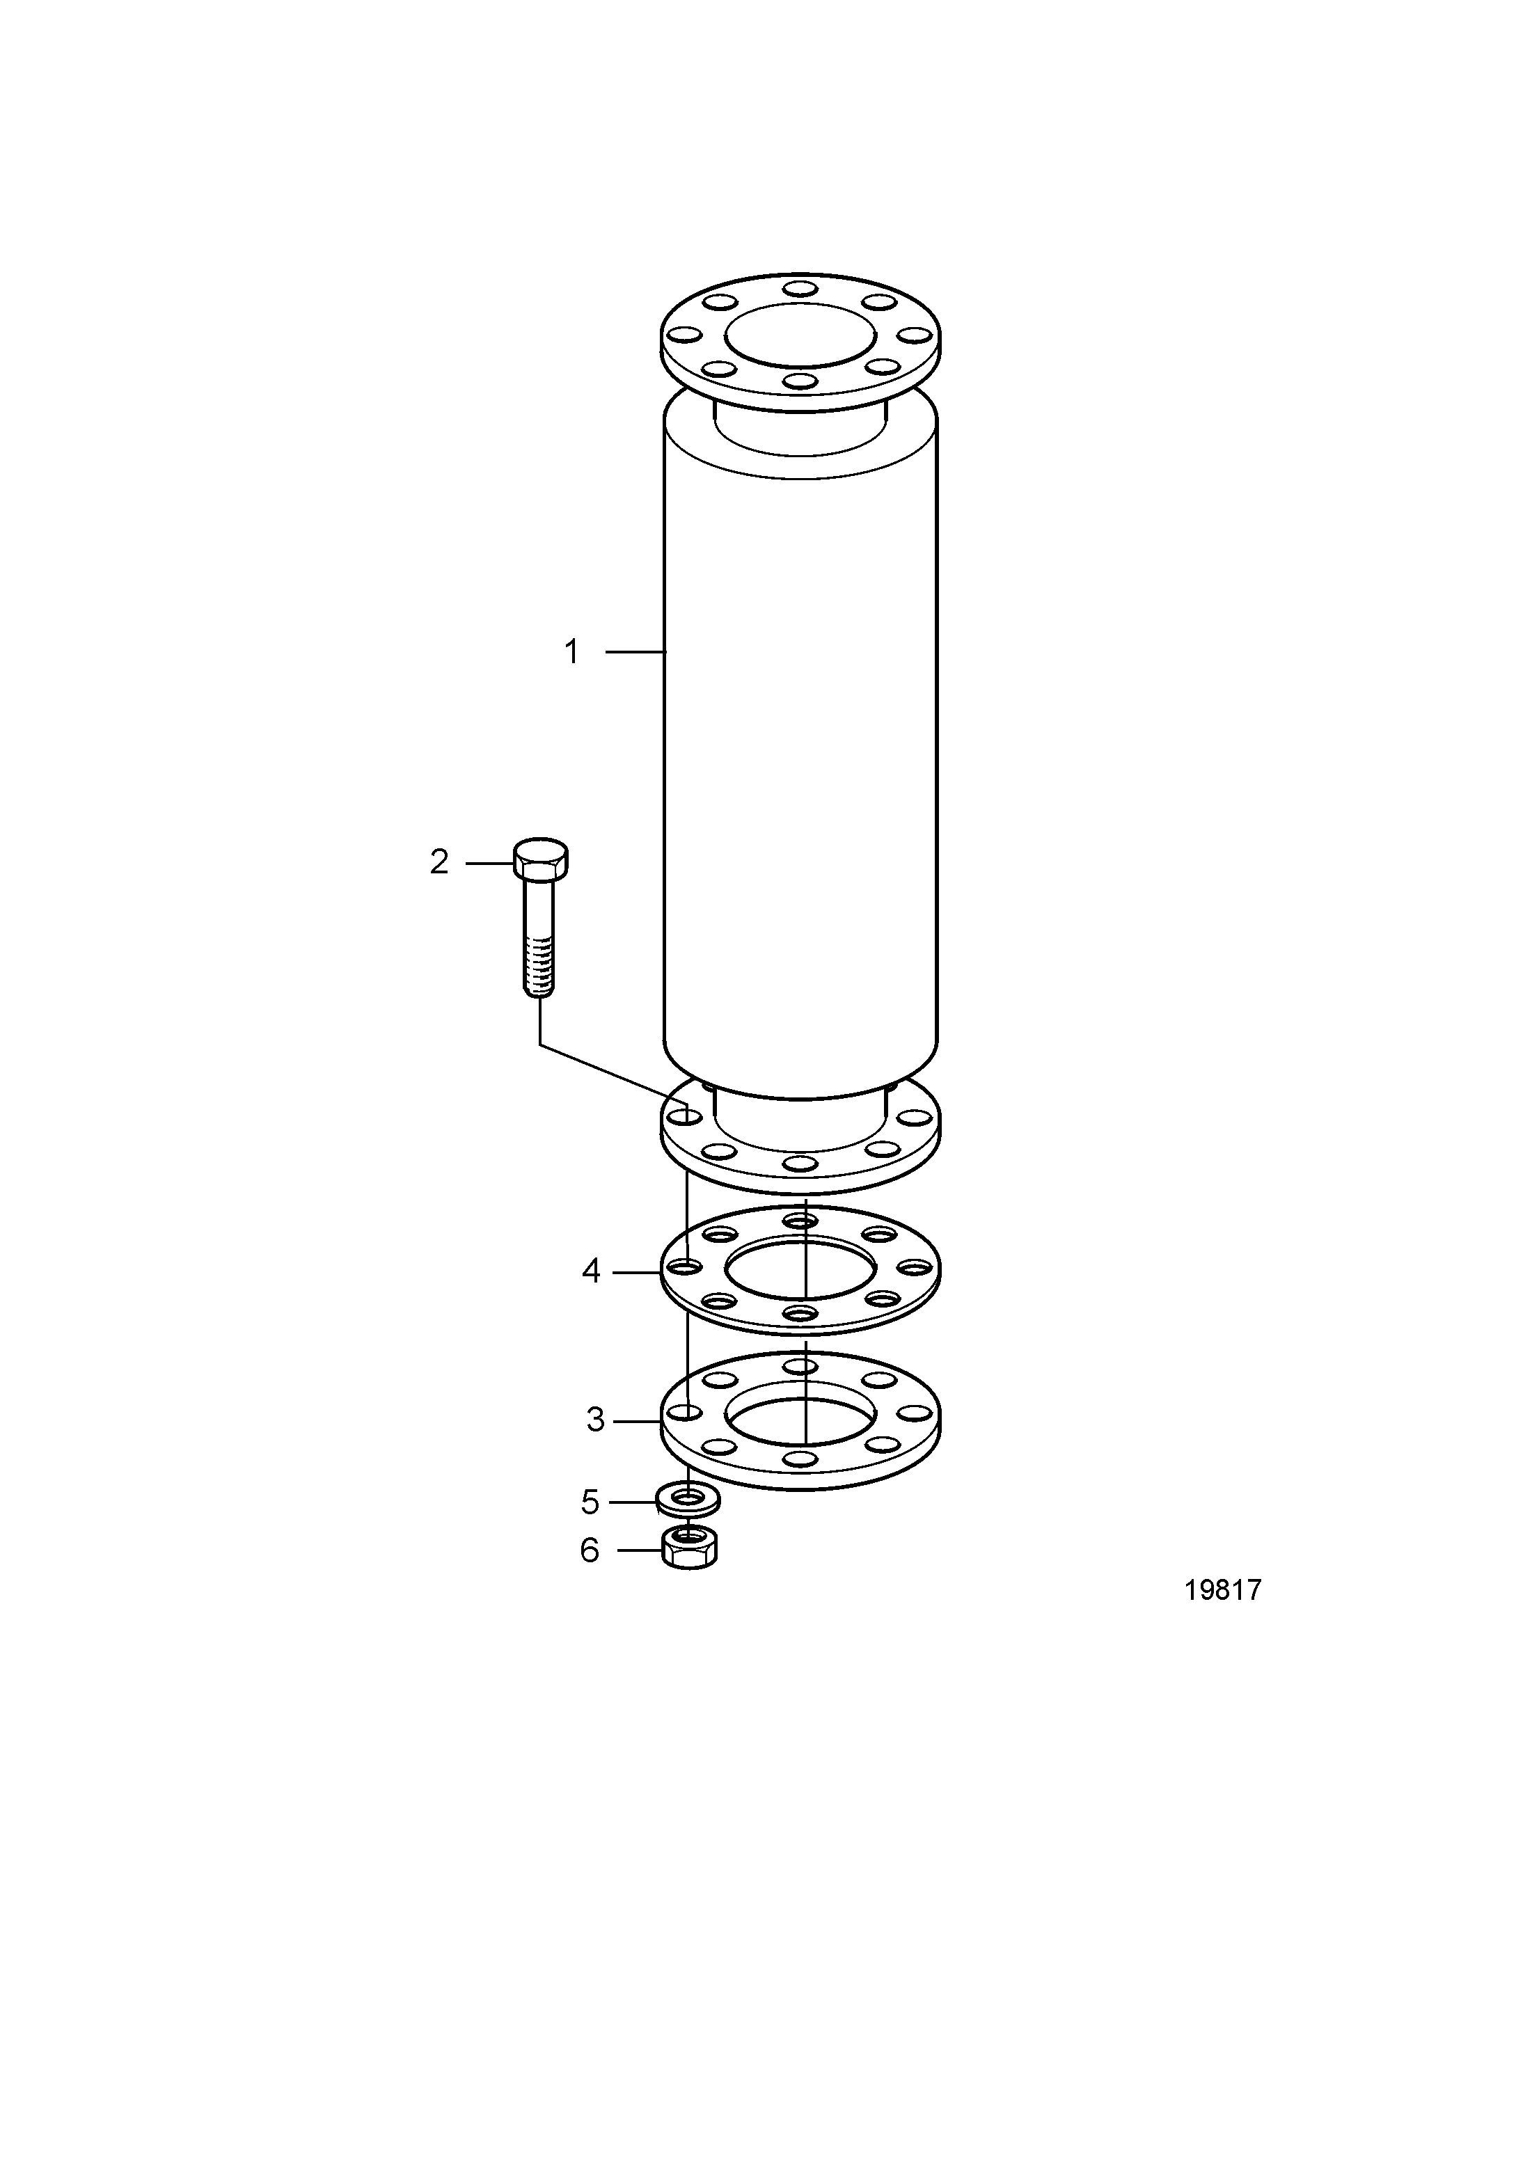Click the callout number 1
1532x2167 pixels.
tap(571, 652)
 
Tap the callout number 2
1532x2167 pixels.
tap(439, 862)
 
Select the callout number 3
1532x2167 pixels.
tap(594, 1446)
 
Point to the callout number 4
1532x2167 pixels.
tap(591, 1271)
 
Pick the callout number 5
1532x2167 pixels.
tap(590, 1500)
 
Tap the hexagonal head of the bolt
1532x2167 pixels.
tap(541, 858)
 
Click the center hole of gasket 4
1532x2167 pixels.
tap(800, 1272)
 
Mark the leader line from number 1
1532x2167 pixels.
tap(636, 652)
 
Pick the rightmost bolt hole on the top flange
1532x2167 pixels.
tap(915, 335)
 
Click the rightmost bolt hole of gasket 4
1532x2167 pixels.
tap(915, 1267)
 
